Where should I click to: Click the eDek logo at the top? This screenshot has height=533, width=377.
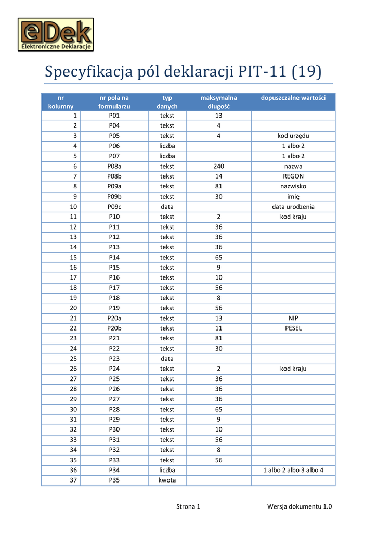click(x=56, y=35)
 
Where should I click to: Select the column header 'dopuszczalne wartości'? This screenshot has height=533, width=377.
click(x=293, y=97)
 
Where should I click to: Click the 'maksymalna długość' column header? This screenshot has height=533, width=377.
click(x=218, y=102)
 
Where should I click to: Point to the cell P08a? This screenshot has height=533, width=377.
click(x=114, y=166)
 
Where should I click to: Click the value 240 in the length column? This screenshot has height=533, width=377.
click(x=218, y=166)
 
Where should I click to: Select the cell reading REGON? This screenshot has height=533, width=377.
click(x=293, y=176)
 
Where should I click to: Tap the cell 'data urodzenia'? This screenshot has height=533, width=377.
click(x=293, y=207)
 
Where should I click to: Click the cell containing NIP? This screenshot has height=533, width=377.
click(x=293, y=318)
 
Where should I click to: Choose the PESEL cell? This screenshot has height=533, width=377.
click(x=293, y=328)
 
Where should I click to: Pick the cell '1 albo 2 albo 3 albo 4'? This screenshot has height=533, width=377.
click(x=293, y=470)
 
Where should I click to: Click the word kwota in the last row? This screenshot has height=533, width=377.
click(x=167, y=480)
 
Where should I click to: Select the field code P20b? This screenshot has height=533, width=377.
click(x=114, y=328)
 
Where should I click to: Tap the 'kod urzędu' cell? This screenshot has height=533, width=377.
click(x=293, y=136)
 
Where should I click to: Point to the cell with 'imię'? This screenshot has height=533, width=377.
click(x=293, y=197)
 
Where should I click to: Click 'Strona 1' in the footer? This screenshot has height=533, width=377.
click(x=188, y=506)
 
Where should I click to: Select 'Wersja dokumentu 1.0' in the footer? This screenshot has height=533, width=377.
click(x=300, y=506)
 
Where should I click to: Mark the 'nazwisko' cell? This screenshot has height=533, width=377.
click(x=293, y=186)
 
